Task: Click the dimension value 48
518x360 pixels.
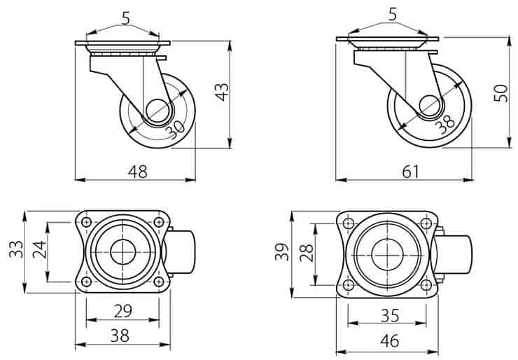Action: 138,172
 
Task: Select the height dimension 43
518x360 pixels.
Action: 222,92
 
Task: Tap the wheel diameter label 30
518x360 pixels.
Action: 175,130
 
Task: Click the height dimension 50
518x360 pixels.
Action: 500,93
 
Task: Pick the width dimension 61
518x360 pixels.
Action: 410,172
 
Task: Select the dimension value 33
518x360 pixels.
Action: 16,249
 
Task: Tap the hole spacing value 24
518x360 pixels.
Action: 39,249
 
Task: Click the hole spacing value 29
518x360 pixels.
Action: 123,311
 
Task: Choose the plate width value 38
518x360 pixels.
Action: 120,335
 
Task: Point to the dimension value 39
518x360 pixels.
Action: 282,252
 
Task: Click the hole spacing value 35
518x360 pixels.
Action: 390,315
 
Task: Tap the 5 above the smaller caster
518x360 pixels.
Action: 126,19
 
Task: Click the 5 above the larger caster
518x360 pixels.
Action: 393,15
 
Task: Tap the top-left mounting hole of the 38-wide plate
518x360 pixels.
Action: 86,222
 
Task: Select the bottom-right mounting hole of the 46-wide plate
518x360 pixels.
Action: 426,284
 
